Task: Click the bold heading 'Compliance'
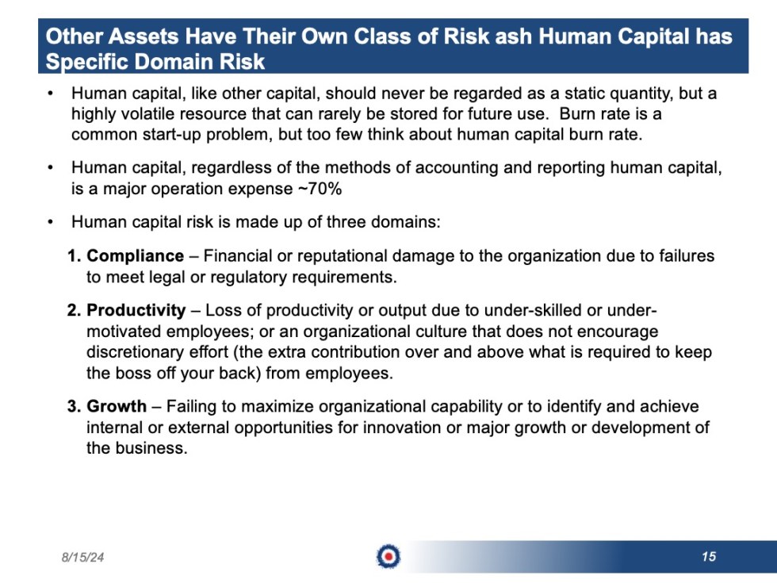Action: pyautogui.click(x=135, y=256)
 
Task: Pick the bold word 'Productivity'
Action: pyautogui.click(x=136, y=310)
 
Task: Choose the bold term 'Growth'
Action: pyautogui.click(x=117, y=407)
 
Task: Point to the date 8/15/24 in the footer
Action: pyautogui.click(x=82, y=558)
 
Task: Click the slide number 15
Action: pyautogui.click(x=708, y=557)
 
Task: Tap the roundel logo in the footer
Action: pyautogui.click(x=388, y=557)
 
